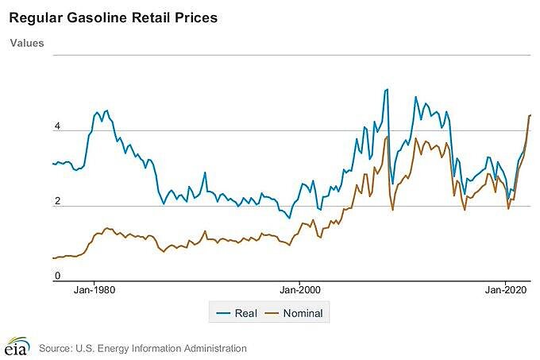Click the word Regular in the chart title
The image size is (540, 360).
(32, 16)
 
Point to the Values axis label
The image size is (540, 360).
(27, 43)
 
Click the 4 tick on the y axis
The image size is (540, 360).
(56, 127)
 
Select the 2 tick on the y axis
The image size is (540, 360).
(56, 202)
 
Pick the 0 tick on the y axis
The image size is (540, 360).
(56, 276)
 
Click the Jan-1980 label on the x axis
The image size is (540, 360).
(94, 291)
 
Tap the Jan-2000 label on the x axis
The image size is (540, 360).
(299, 291)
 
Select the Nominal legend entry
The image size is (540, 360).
(302, 313)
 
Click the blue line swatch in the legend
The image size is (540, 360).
(225, 313)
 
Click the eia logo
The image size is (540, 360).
(16, 347)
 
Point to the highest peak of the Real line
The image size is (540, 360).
(387, 89)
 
